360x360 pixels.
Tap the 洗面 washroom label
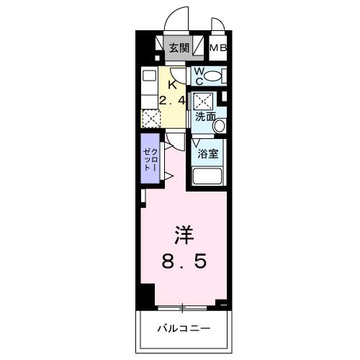click(205, 116)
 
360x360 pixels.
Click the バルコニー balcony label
click(184, 328)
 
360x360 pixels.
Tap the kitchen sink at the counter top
click(148, 75)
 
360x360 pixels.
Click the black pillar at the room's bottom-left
click(147, 294)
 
